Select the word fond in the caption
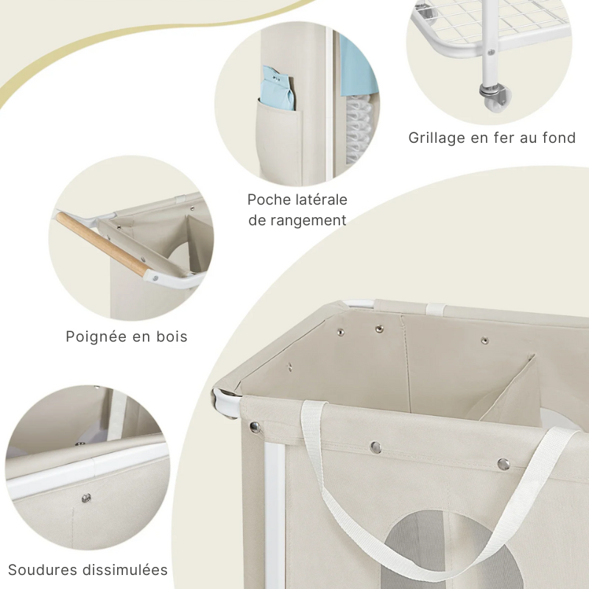coord(558,138)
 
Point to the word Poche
coord(269,200)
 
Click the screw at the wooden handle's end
coord(155,277)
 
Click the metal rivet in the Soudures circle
coord(86,498)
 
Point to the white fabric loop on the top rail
coord(439,307)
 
